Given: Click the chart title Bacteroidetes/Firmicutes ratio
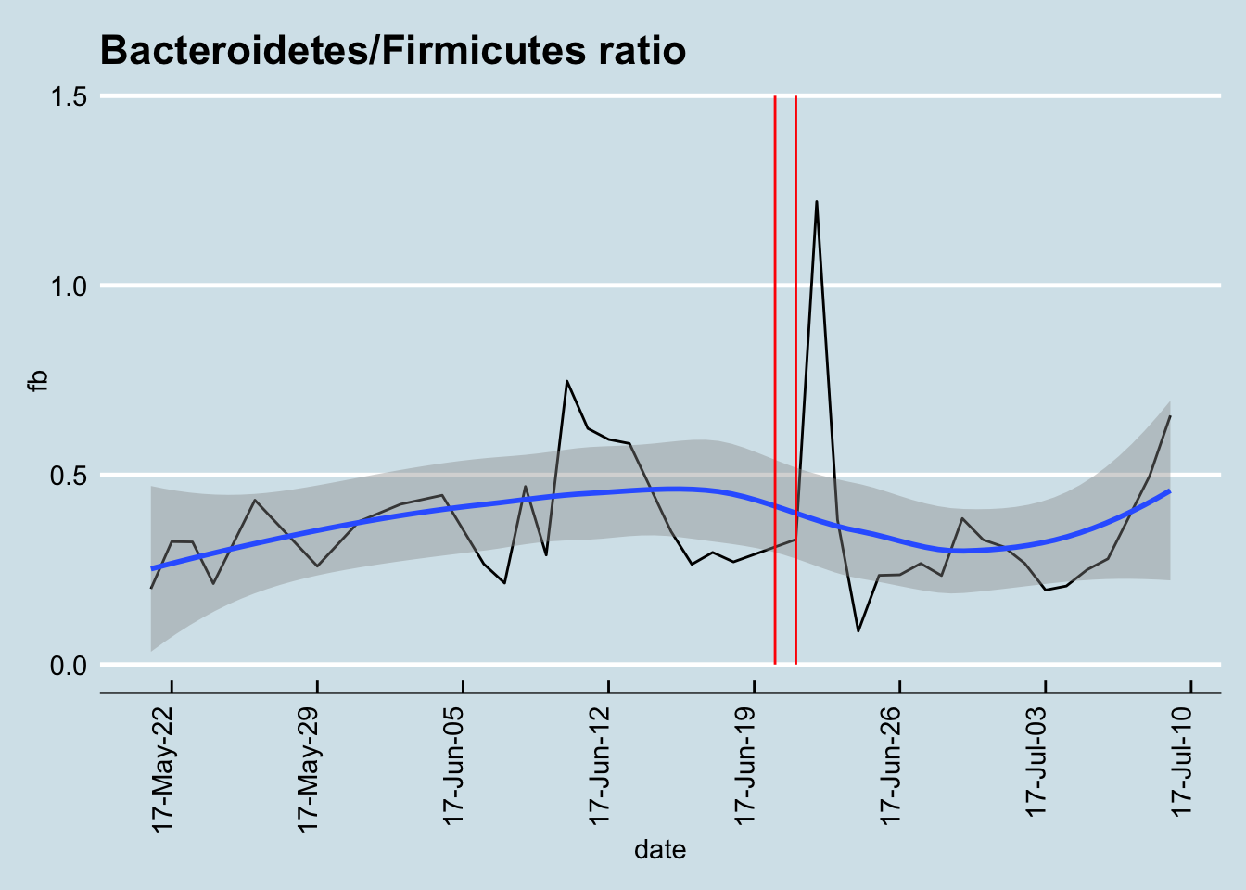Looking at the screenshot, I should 393,50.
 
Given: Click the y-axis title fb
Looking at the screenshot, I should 37,381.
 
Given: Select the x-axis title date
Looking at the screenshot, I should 660,849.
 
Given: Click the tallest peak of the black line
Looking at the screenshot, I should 817,201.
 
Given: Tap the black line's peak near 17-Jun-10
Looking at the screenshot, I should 566,381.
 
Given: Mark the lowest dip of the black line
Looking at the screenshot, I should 858,631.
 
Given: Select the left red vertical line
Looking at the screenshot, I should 775,371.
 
